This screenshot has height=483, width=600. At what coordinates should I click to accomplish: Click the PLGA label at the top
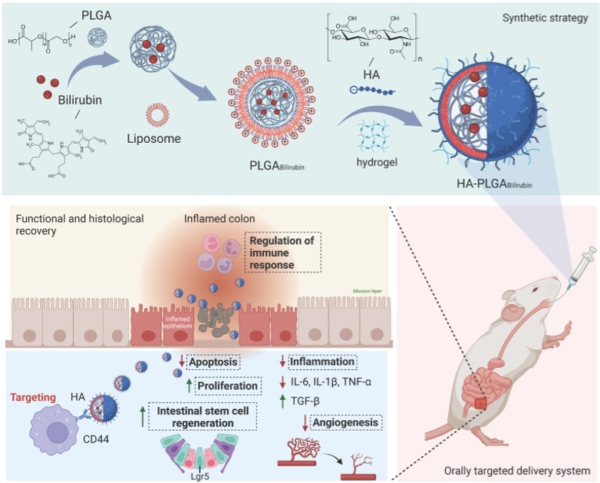(90, 14)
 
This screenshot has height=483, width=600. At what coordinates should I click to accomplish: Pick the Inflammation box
(323, 361)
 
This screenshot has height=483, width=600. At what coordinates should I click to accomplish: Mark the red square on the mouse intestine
(481, 401)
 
